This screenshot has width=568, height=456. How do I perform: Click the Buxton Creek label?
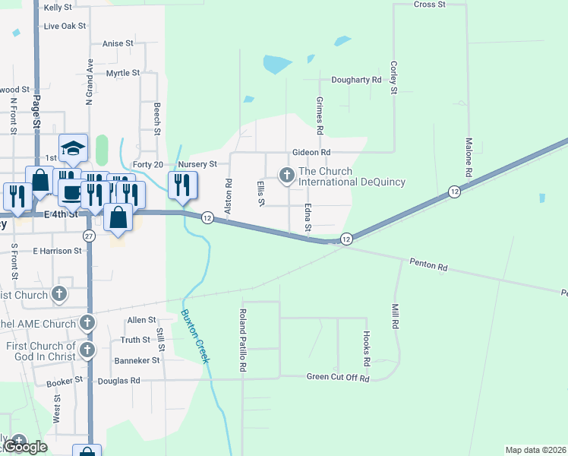pos(194,335)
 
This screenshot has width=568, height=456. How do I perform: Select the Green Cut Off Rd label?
pos(337,378)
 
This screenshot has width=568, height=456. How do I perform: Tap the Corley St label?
pos(393,78)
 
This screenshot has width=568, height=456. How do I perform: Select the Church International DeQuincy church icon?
pos(287,176)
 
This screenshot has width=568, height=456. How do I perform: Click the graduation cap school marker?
pos(74,148)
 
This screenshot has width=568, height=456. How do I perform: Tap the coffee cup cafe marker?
pos(72,192)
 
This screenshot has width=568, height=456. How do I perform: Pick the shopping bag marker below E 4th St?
pos(119,217)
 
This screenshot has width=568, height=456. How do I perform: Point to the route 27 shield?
pos(89,236)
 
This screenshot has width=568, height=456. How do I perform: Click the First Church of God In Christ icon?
pos(88,350)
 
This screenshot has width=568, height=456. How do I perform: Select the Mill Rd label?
pos(395,316)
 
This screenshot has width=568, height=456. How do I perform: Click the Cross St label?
pos(429,5)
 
